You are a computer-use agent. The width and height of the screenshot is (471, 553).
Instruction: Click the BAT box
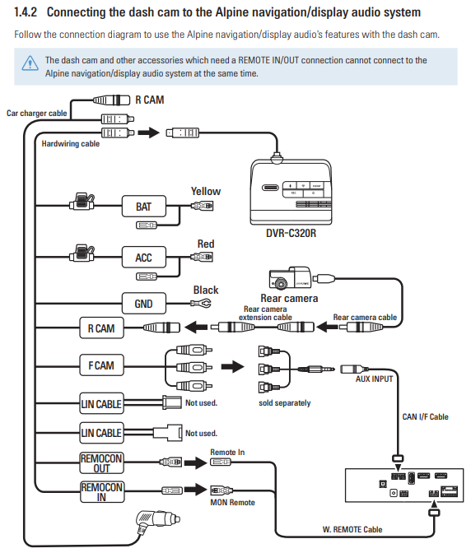(143, 207)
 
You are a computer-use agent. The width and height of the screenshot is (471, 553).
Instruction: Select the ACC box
(143, 257)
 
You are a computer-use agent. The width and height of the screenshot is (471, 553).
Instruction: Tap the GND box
(143, 304)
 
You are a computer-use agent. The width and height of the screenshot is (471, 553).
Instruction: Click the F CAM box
(101, 365)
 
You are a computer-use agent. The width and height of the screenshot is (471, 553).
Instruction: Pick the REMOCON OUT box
(101, 463)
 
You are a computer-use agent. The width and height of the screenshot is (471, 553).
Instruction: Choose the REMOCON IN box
(102, 492)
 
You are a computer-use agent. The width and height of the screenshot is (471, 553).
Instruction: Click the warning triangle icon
(30, 63)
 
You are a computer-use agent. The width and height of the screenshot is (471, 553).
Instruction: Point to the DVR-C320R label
(291, 233)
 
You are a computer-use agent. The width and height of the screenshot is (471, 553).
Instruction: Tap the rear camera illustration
(290, 277)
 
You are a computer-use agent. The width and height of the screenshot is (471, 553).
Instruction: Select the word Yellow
(206, 192)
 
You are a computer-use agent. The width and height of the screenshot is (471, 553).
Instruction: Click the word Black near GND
(206, 290)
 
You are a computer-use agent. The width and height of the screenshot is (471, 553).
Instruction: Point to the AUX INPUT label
(375, 379)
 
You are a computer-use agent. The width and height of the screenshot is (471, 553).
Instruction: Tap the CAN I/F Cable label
(426, 417)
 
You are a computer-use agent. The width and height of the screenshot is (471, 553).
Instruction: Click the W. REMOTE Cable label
(352, 529)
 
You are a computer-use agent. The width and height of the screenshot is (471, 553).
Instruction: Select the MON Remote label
(232, 503)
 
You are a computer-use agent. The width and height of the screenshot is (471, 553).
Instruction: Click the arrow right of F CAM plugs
(232, 367)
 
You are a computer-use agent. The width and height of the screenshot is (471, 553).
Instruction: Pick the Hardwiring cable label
(71, 144)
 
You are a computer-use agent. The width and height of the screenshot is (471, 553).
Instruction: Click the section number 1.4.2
(26, 12)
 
